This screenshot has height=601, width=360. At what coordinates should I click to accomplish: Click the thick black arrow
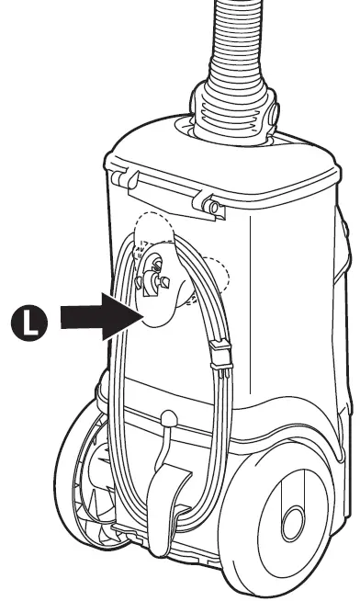[x=91, y=317]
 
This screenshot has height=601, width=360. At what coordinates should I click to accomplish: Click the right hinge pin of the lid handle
[x=212, y=206]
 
